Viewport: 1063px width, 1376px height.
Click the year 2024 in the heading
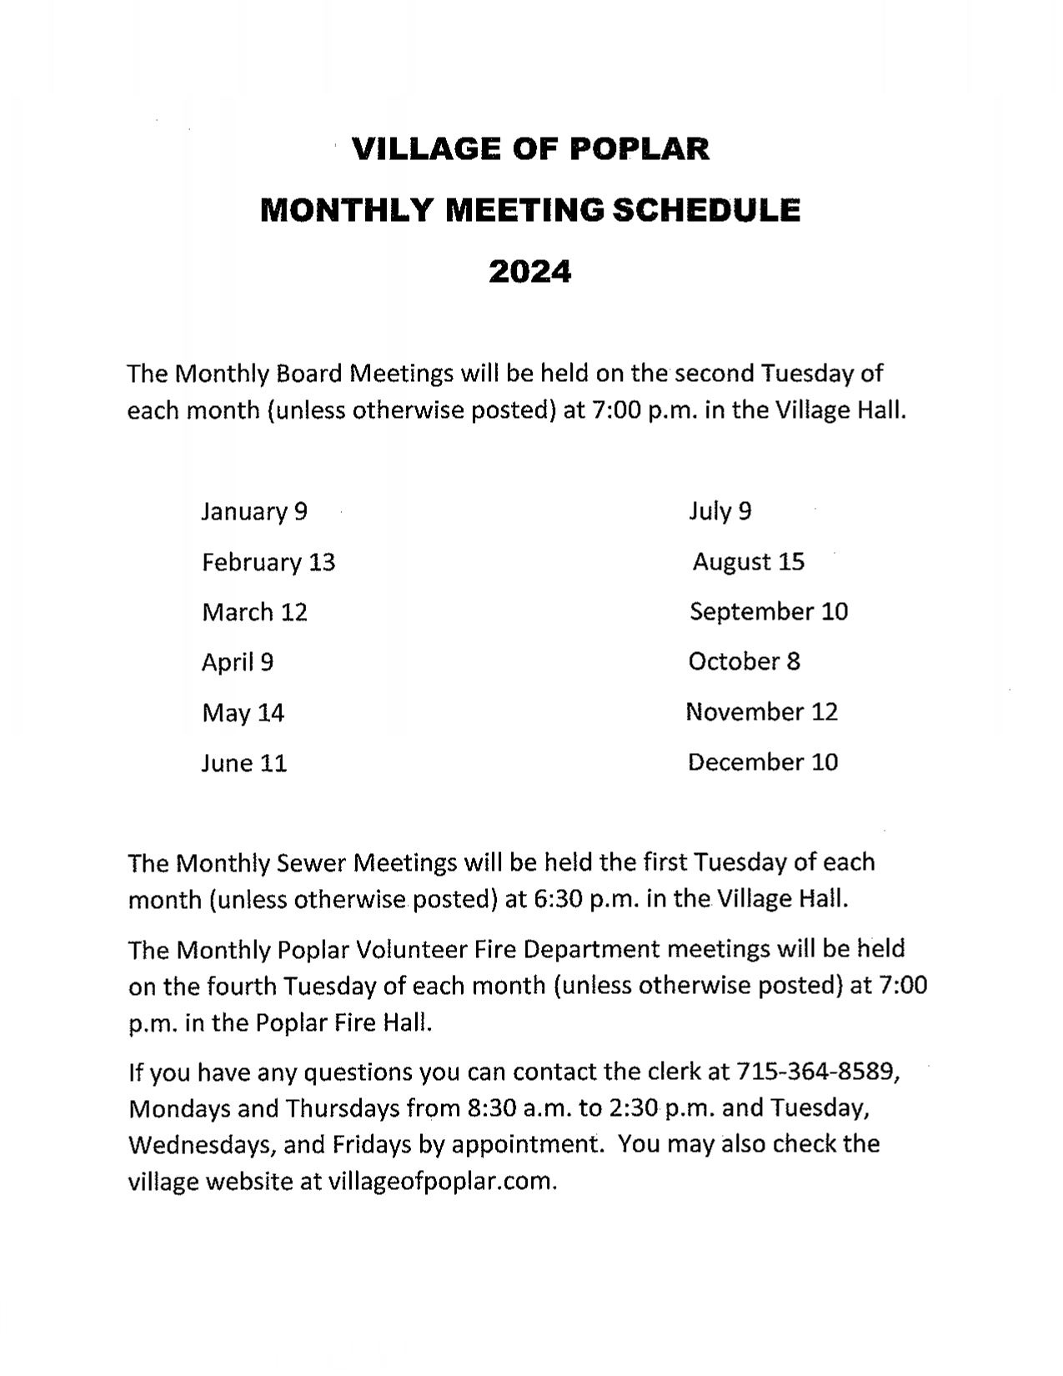[x=529, y=271]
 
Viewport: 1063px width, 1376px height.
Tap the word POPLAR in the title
[x=639, y=149]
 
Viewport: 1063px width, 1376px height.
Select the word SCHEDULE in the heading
[x=706, y=210]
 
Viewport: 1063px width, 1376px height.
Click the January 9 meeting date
[x=253, y=511]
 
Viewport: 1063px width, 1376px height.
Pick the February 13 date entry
[x=268, y=562]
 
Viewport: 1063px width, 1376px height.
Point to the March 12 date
[x=254, y=612]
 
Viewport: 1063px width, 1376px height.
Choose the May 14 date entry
[x=243, y=713]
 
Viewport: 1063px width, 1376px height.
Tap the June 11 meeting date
[x=243, y=763]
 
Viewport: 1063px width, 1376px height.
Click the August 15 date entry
[x=748, y=561]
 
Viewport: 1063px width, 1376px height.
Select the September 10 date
[x=768, y=611]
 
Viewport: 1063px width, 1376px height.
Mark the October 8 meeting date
[x=744, y=661]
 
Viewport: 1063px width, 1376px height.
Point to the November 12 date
[x=761, y=711]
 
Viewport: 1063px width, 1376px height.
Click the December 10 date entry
[x=762, y=761]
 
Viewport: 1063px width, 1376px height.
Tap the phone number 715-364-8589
[x=815, y=1071]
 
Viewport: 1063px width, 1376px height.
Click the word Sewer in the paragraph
[x=315, y=862]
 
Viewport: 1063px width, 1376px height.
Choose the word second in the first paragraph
[x=715, y=373]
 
